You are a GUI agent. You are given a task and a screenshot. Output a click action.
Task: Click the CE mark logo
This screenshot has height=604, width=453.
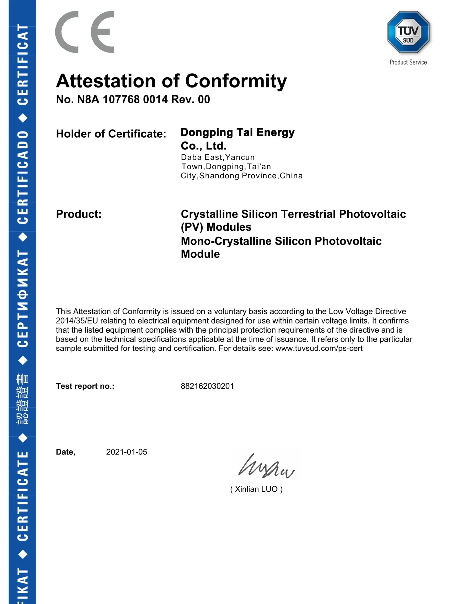[85, 32]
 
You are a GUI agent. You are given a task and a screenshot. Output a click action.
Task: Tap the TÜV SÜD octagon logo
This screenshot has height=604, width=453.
[408, 32]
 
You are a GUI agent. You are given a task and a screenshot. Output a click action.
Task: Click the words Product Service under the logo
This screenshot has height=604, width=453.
[408, 62]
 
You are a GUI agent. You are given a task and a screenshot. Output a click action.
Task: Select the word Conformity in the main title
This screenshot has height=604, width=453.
[236, 81]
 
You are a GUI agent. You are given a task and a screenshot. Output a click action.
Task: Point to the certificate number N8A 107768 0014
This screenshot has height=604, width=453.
[122, 100]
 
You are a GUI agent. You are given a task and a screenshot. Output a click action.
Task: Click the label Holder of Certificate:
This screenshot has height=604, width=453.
[111, 134]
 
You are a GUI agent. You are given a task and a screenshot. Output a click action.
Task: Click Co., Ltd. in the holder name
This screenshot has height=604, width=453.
[203, 146]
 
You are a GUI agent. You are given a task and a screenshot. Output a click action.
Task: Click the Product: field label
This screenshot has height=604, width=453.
[79, 214]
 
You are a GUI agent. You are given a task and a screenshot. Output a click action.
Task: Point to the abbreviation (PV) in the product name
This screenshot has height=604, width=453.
[192, 227]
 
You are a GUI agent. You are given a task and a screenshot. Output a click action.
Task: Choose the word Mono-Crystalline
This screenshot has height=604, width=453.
[226, 241]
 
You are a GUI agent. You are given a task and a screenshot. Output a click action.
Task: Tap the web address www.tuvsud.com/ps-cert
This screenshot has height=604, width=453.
[319, 348]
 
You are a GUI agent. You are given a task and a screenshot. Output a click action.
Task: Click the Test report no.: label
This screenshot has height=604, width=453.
[85, 386]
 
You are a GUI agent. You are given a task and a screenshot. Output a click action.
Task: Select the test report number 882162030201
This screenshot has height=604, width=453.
[207, 386]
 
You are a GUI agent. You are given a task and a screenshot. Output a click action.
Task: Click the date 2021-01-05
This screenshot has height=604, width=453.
[126, 452]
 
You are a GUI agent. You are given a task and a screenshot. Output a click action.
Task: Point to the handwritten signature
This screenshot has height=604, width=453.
[266, 467]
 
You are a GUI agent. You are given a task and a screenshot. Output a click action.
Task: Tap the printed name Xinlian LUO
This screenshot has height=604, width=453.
[256, 489]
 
